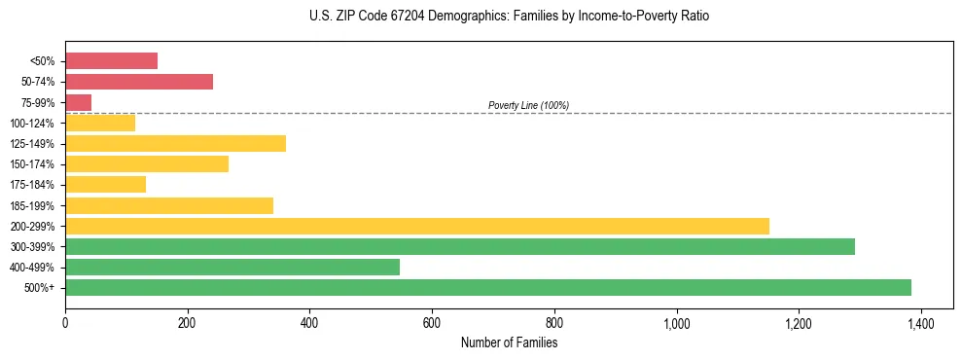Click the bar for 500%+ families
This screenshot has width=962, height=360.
click(487, 287)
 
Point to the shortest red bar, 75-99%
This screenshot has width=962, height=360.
click(78, 102)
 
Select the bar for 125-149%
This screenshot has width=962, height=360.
click(175, 143)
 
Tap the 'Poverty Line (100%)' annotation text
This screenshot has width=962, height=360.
click(528, 105)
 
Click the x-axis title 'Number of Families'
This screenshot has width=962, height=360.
click(509, 342)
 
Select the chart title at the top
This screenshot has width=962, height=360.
click(510, 17)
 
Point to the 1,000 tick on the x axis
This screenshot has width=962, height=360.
click(676, 323)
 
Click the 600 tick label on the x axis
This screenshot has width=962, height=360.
click(432, 323)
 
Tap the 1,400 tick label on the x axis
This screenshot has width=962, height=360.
click(920, 323)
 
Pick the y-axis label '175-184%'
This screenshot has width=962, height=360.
click(32, 185)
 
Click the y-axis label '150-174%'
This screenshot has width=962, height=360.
click(32, 164)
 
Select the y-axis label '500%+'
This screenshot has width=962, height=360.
click(40, 288)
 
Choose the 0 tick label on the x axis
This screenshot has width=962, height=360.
click(65, 323)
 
